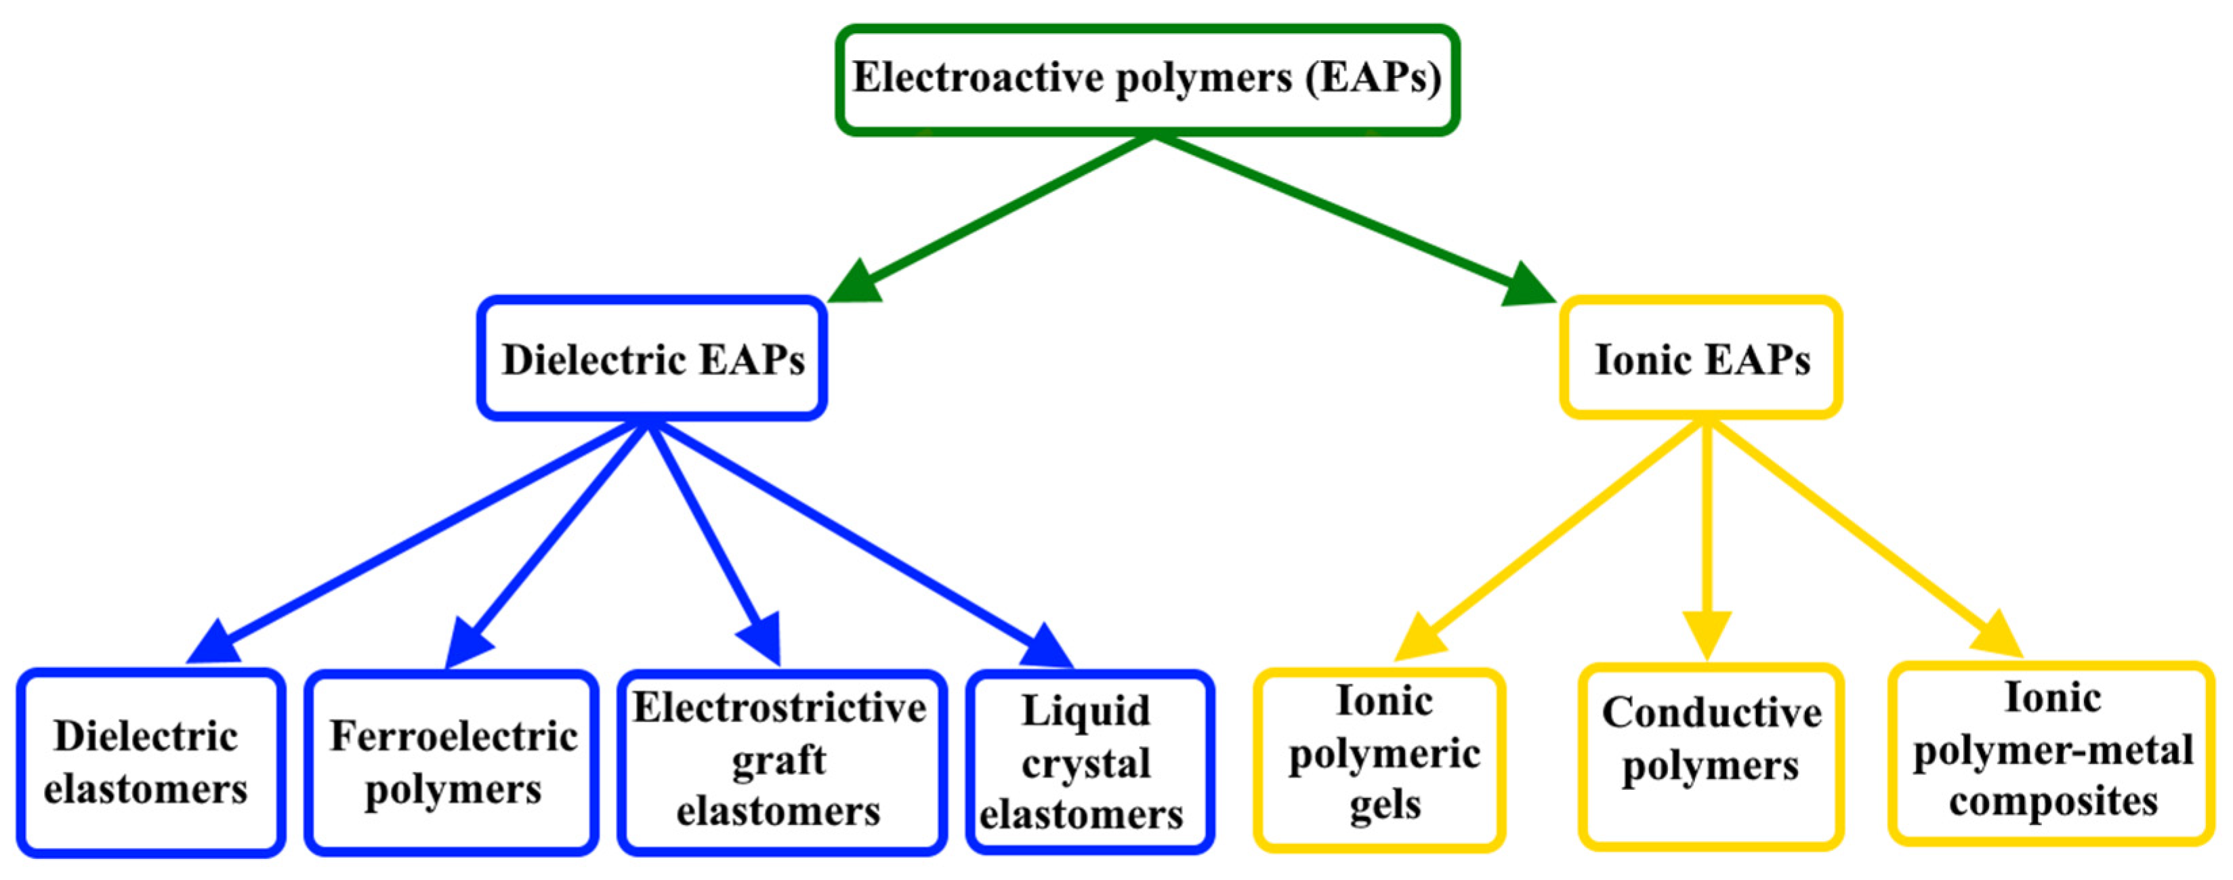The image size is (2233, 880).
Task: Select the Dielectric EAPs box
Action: click(652, 359)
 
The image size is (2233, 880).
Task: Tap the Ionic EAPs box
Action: click(1700, 359)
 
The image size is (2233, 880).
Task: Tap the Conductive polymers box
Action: click(1710, 756)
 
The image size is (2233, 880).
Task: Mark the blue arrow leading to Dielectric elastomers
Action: click(416, 542)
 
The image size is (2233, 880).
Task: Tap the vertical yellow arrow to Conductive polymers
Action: click(1707, 537)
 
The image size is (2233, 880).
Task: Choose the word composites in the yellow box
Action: click(2053, 801)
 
